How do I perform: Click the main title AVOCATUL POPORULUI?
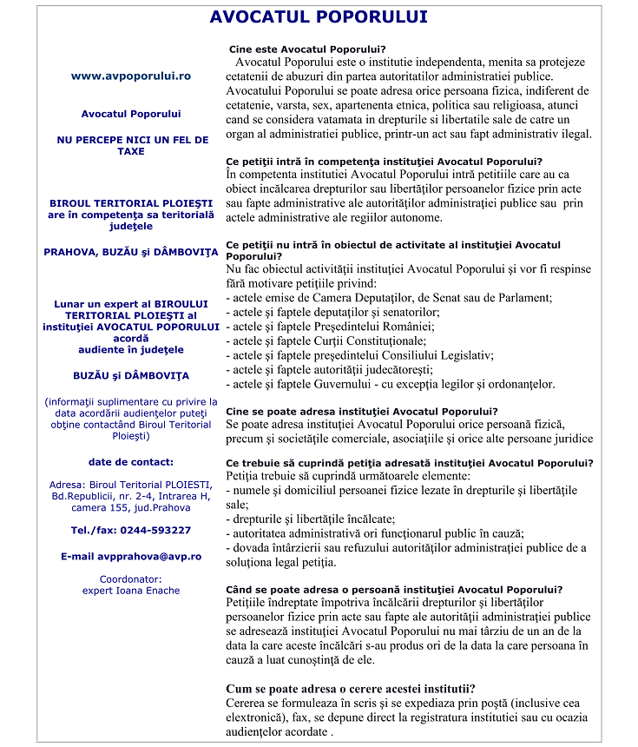319,17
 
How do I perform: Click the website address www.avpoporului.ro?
130,76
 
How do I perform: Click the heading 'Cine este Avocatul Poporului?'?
306,49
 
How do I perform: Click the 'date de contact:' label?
130,461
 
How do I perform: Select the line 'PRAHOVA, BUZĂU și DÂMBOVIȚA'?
130,252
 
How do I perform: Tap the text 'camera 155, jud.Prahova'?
130,506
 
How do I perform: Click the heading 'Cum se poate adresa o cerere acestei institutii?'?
350,689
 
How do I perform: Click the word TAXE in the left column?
130,151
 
